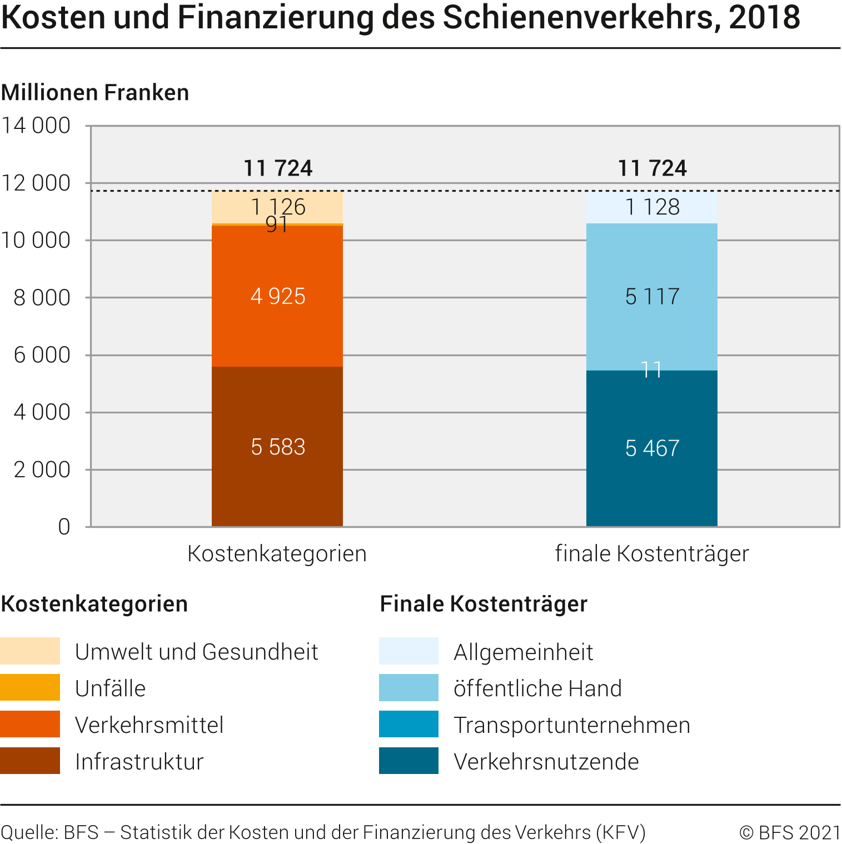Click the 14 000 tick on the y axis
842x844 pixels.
click(36, 126)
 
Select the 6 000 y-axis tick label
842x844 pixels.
click(42, 355)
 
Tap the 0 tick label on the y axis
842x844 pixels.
click(64, 527)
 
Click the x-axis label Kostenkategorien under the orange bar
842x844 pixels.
click(277, 554)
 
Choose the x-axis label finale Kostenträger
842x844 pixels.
click(651, 554)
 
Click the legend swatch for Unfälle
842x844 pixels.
click(30, 687)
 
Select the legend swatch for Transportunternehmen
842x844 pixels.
click(408, 724)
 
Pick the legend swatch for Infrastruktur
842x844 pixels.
click(30, 761)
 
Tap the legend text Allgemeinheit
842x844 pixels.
click(523, 652)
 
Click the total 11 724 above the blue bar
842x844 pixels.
click(652, 168)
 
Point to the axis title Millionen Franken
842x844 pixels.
click(95, 92)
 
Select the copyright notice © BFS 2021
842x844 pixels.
click(790, 832)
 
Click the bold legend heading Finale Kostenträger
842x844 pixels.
click(484, 604)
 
